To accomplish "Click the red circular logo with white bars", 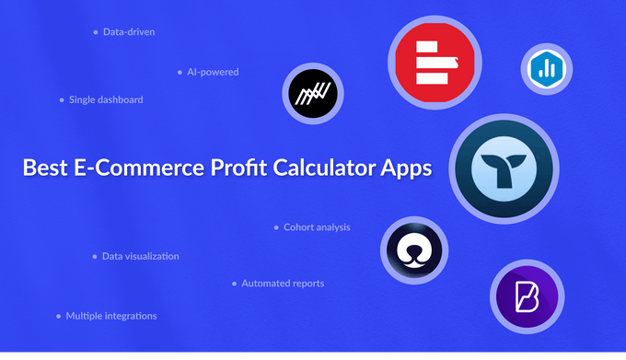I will [435, 63].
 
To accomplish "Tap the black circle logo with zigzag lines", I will [313, 93].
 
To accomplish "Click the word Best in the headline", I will [45, 168].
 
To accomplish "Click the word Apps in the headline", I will [406, 168].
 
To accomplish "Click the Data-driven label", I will [129, 32].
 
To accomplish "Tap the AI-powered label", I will [213, 72].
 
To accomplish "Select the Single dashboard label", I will [106, 99].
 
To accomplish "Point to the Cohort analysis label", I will [317, 226].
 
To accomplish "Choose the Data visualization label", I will [140, 256].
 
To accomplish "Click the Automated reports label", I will [283, 284].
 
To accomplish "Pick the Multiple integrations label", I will [111, 316].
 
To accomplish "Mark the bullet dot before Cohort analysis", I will [275, 226].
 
